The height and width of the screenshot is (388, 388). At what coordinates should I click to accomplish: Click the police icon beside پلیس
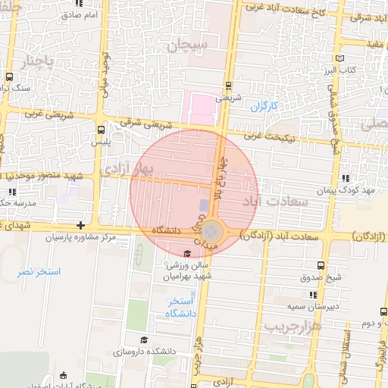(101, 129)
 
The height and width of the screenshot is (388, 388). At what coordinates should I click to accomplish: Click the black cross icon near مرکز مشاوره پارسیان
(81, 225)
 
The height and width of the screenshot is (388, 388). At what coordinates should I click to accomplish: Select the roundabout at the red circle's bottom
(213, 230)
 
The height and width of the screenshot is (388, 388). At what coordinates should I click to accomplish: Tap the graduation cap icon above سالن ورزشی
(187, 253)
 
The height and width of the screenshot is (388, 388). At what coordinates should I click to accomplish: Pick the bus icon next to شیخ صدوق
(321, 265)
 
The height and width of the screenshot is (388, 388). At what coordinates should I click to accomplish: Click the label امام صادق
(82, 14)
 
